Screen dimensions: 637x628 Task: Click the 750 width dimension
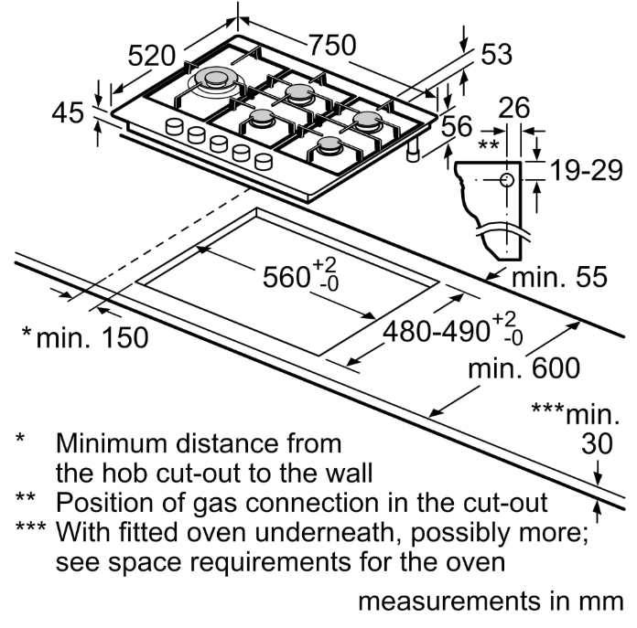(333, 45)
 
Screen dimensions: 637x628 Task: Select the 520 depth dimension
(152, 56)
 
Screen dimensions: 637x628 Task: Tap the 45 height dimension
(68, 112)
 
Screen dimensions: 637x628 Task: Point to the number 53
(496, 54)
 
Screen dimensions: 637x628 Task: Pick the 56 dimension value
(457, 126)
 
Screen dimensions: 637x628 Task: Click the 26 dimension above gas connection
(514, 107)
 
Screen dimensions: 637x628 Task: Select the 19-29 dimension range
(587, 170)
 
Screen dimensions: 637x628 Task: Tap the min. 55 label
(559, 277)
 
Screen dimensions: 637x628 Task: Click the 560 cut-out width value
(286, 277)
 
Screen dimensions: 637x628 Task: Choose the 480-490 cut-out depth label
(437, 331)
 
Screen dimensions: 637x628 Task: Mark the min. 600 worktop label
(524, 368)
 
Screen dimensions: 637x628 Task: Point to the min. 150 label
(92, 337)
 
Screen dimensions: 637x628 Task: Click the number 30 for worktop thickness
(597, 443)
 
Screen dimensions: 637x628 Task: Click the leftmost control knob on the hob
(175, 126)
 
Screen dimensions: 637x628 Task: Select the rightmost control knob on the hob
(264, 162)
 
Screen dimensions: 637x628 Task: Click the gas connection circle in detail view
(507, 180)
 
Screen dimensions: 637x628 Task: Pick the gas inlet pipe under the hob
(414, 151)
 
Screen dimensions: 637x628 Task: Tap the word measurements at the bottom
(449, 601)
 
